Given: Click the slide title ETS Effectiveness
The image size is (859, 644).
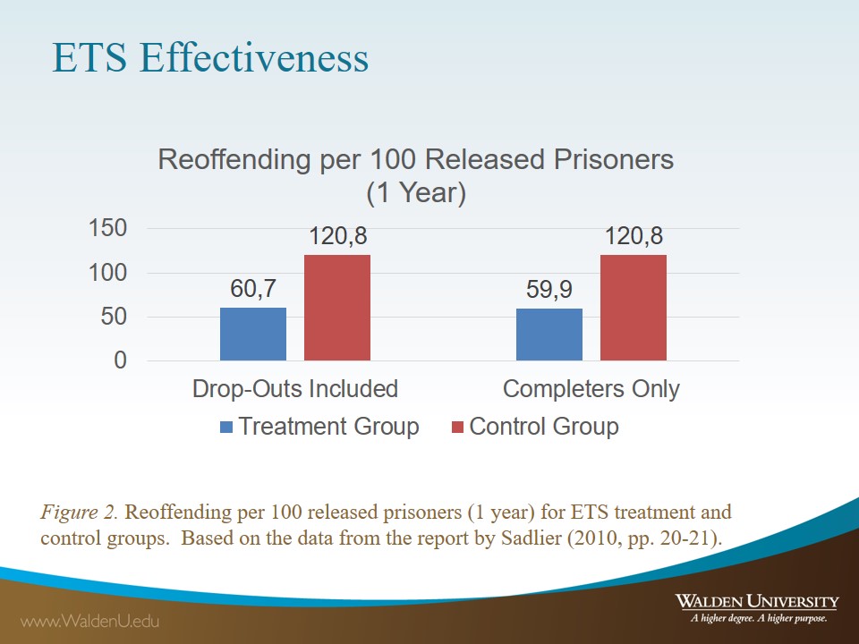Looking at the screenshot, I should [210, 58].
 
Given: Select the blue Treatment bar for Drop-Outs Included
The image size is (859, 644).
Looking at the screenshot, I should [253, 334].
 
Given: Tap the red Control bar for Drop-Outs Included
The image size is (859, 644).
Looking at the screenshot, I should [337, 308].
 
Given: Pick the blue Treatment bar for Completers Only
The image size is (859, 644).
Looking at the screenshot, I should [549, 335].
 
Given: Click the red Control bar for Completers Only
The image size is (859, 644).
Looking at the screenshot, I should [634, 308].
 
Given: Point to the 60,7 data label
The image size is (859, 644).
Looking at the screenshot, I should [253, 290].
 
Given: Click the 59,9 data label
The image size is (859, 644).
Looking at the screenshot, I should [549, 291].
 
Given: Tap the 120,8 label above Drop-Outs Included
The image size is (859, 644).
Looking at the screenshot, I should [338, 237].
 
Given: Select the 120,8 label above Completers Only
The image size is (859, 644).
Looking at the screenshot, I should [634, 237].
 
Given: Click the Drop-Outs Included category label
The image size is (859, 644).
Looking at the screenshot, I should [295, 389].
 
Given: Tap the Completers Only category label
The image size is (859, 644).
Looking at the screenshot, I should [591, 389].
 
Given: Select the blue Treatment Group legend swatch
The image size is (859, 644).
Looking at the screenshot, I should [226, 428].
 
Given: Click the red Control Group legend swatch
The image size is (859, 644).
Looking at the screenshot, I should [457, 428].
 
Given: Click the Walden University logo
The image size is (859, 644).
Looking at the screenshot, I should [757, 606].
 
